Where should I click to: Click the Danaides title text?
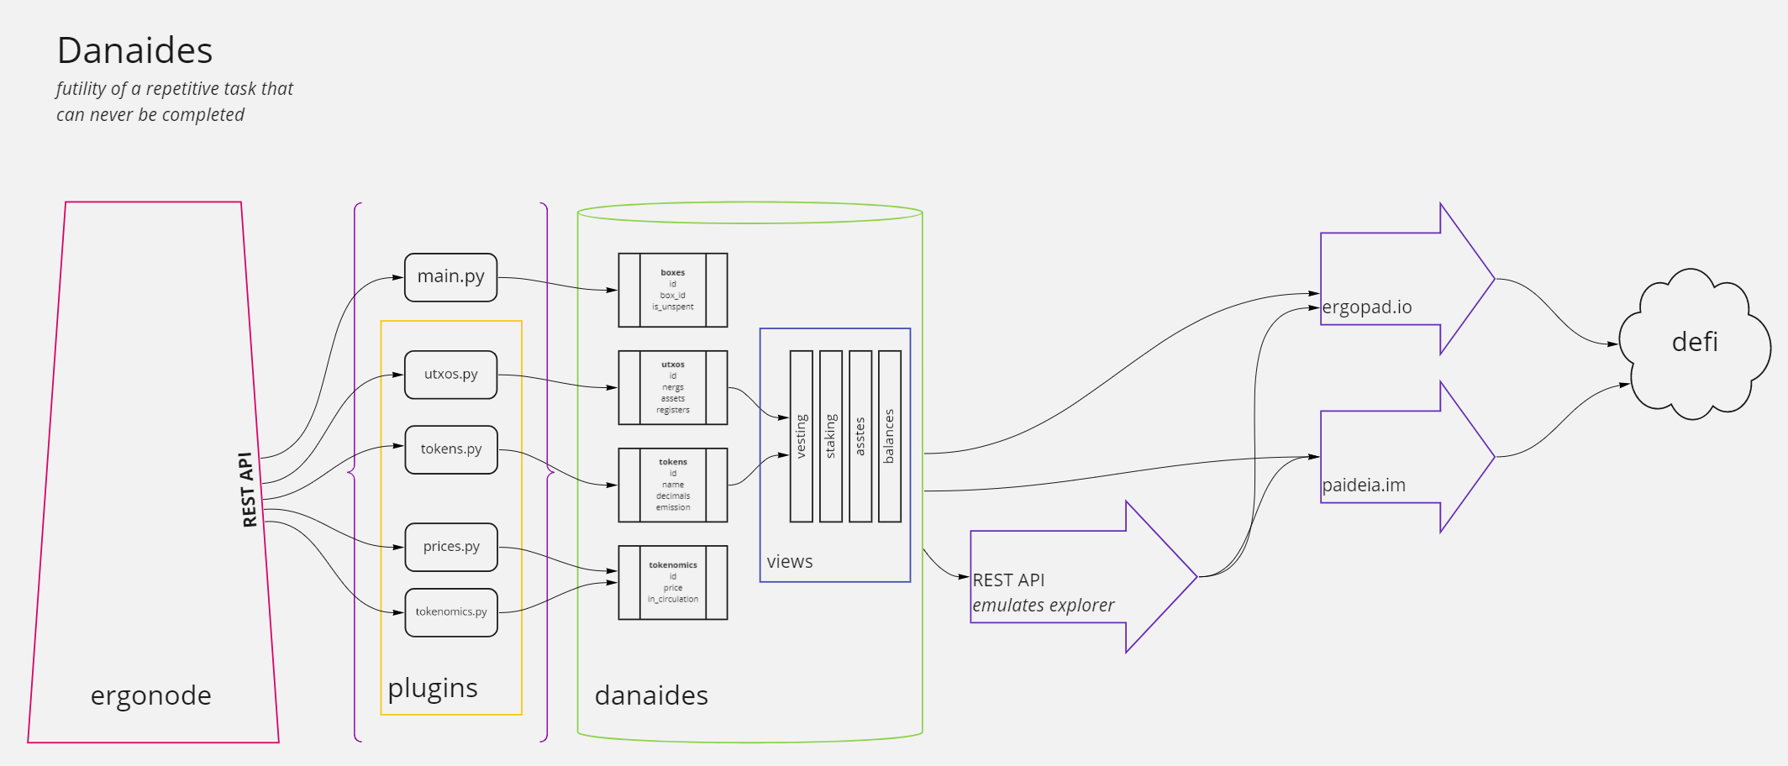click(x=134, y=50)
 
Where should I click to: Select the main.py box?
click(x=450, y=276)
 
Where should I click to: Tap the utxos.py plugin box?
click(x=450, y=374)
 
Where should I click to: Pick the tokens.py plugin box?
click(x=450, y=449)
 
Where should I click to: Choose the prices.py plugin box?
click(x=450, y=547)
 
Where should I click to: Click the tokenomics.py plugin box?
click(x=450, y=612)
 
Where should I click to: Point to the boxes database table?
click(x=672, y=290)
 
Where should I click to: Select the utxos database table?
click(x=672, y=387)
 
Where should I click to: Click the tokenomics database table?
click(x=672, y=582)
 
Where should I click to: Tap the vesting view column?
click(x=801, y=436)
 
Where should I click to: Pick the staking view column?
click(x=830, y=436)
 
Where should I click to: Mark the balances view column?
click(x=889, y=436)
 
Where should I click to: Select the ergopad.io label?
click(x=1366, y=307)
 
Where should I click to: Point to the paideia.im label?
click(x=1363, y=485)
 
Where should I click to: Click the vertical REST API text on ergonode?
click(x=248, y=489)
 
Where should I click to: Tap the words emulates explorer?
click(x=1043, y=606)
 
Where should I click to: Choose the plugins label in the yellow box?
click(x=433, y=688)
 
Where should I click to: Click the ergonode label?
click(x=151, y=695)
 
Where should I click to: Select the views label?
click(x=790, y=562)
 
